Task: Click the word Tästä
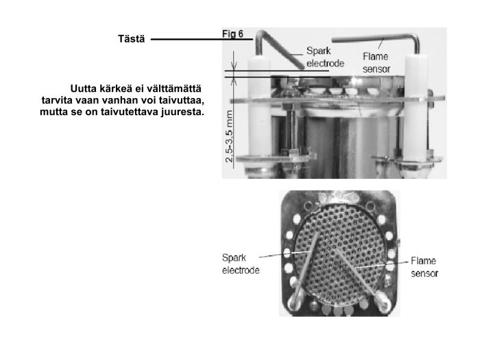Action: coord(131,38)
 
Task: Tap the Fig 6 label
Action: coord(232,34)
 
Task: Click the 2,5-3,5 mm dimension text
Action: coord(229,136)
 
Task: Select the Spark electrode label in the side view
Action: coord(325,57)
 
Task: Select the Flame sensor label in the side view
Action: coord(376,63)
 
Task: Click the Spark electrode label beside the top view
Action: coord(241,264)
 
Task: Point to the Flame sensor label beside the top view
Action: coord(424,267)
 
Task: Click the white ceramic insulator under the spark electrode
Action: coord(259,108)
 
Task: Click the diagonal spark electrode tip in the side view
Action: coord(300,67)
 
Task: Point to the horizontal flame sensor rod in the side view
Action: coord(374,38)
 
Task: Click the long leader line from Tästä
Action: coord(202,39)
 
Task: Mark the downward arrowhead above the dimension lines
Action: coord(234,67)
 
